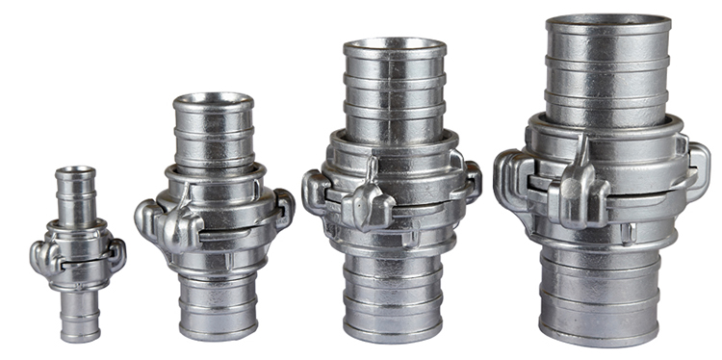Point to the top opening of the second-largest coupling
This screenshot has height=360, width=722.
pyautogui.click(x=395, y=46)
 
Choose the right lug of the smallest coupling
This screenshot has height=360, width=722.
pyautogui.click(x=116, y=252)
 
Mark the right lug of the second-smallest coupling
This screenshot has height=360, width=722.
pyautogui.click(x=283, y=206)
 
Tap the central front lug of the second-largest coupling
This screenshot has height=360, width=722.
pyautogui.click(x=371, y=202)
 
